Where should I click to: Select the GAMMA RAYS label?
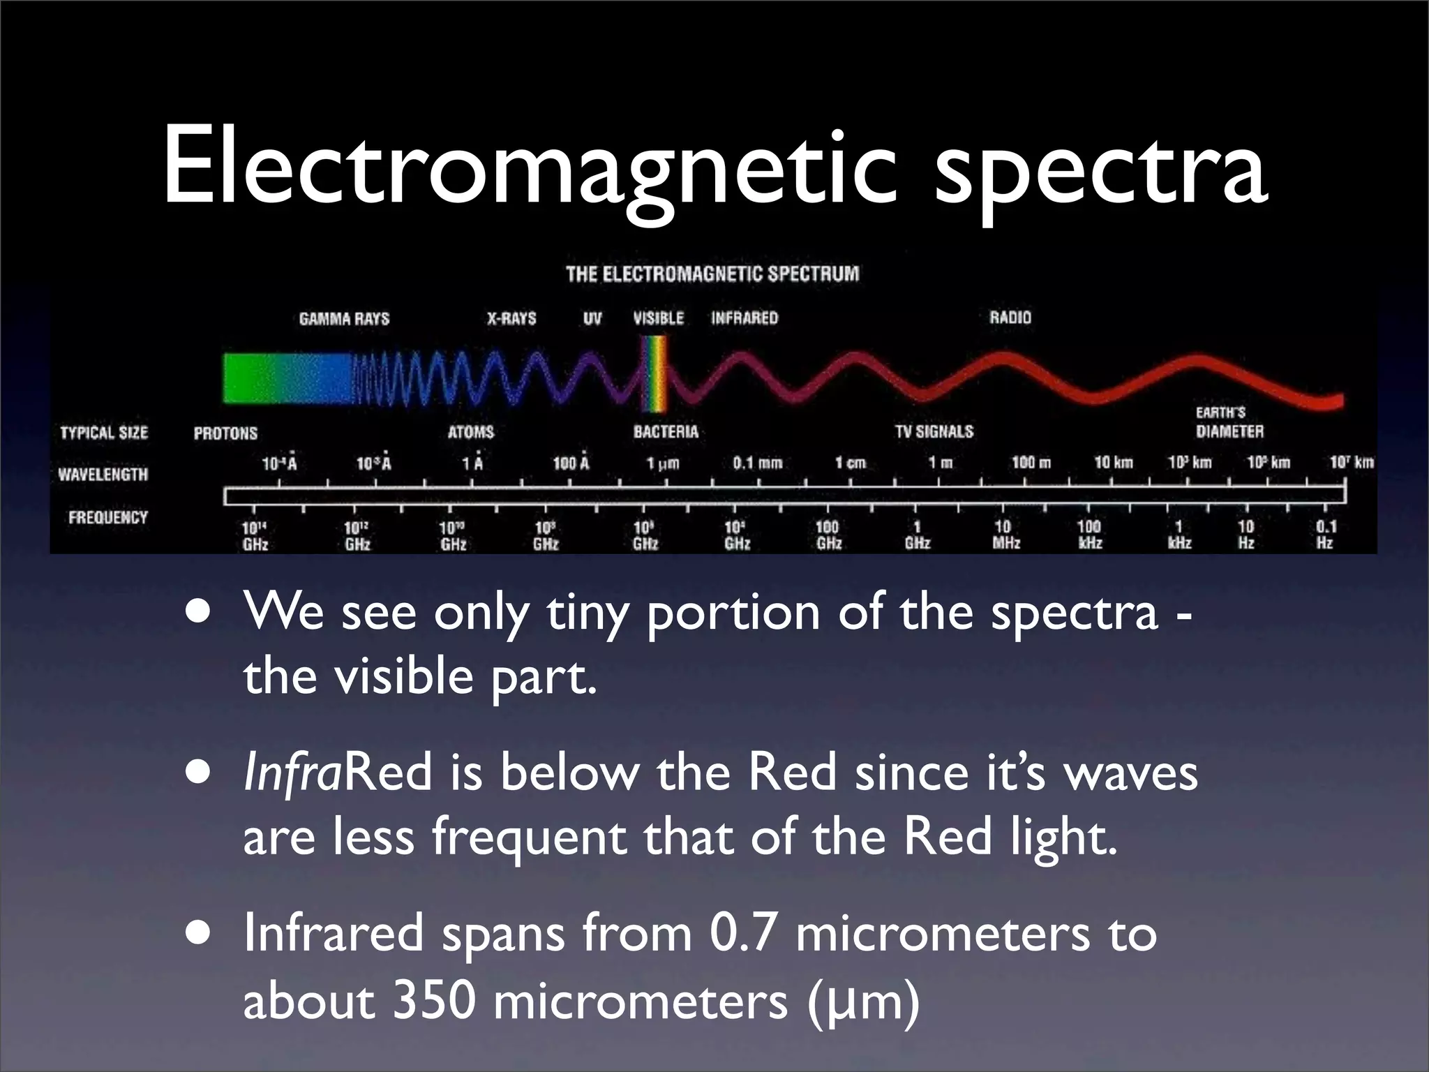click(344, 319)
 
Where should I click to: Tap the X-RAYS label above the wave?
click(511, 318)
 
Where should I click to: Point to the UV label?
click(592, 319)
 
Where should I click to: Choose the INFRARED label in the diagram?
click(744, 318)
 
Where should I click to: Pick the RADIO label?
click(1010, 318)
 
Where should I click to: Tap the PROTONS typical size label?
click(225, 433)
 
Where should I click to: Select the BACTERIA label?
click(666, 432)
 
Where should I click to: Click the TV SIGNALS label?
click(934, 432)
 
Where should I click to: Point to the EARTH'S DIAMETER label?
click(1229, 422)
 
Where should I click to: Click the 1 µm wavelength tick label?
click(662, 463)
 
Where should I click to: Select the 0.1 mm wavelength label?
click(757, 463)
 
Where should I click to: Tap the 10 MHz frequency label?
click(1005, 535)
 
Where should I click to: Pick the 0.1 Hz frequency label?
click(1325, 535)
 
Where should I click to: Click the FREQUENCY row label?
click(108, 518)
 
